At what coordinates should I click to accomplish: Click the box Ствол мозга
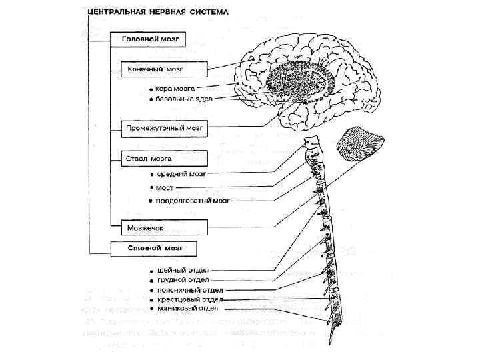pos(164,159)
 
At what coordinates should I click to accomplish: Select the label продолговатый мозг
pos(193,200)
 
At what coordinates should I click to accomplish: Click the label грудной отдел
pos(183,281)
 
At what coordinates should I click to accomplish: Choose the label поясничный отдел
pos(190,291)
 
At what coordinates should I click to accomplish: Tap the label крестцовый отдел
pos(190,300)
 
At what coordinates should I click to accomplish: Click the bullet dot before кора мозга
pos(151,88)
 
